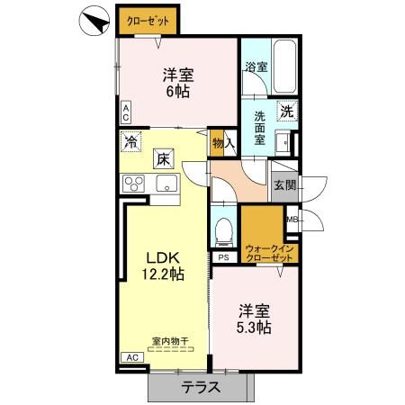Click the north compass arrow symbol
coord(93,21)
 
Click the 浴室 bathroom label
coord(256,67)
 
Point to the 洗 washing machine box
coord(285,112)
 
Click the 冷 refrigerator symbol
coord(132,141)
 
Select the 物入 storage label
coord(224,142)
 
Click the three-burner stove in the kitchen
coord(136,184)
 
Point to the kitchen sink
coord(167,184)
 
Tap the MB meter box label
coord(292,219)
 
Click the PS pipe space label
coord(222,256)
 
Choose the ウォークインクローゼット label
coord(268,253)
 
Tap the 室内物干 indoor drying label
coord(168,341)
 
